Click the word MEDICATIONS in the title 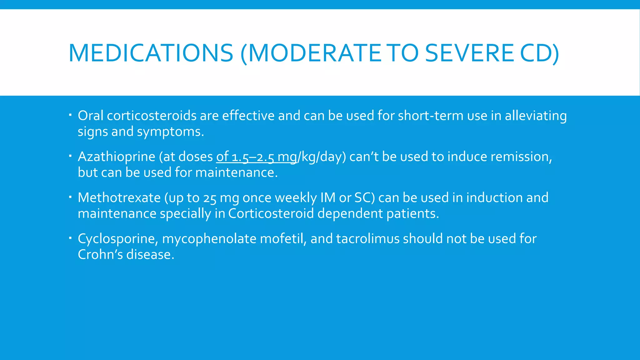tap(151, 53)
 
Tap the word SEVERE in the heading tap(469, 53)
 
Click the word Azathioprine tap(117, 157)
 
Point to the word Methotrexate tap(119, 197)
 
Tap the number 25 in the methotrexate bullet tap(210, 198)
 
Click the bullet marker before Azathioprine tap(70, 155)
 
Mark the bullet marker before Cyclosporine tap(70, 237)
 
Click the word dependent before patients tap(350, 214)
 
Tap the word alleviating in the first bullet tap(536, 116)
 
